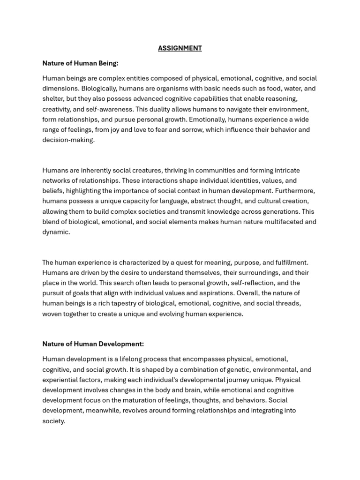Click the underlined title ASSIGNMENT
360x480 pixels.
(x=180, y=48)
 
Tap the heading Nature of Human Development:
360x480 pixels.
(x=93, y=344)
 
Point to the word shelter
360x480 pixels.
(x=53, y=99)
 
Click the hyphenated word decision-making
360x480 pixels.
(x=68, y=140)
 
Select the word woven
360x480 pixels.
(x=52, y=314)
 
